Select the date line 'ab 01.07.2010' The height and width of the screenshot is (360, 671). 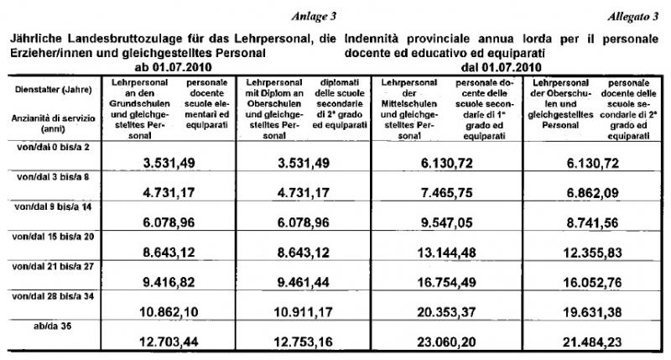tap(165, 66)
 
